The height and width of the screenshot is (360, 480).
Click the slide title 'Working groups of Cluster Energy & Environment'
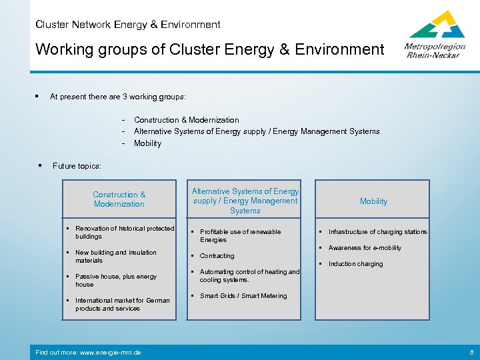[x=209, y=49]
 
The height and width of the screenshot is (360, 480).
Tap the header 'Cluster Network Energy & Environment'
[x=128, y=25]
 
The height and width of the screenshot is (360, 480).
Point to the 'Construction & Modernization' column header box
[x=119, y=199]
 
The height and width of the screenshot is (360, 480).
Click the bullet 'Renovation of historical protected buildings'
[x=124, y=232]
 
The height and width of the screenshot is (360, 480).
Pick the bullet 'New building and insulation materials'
[x=115, y=256]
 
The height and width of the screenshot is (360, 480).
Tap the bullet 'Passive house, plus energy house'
[x=115, y=280]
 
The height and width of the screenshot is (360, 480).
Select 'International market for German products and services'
[x=122, y=304]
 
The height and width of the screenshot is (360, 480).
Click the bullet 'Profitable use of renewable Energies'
[x=240, y=235]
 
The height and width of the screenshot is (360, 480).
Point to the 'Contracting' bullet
[x=217, y=256]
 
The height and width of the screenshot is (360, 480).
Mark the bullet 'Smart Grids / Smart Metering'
[x=243, y=296]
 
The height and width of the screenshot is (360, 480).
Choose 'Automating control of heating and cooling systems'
[x=249, y=275]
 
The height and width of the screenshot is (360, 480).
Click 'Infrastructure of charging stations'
[x=377, y=232]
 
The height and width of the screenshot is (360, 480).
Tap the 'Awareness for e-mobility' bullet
[x=365, y=248]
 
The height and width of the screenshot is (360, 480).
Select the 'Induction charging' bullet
[x=355, y=264]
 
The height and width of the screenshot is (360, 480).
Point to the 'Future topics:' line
[x=77, y=166]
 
